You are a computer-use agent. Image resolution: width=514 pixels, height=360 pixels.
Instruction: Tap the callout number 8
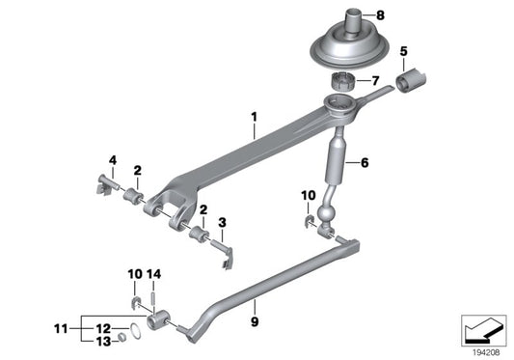pyautogui.click(x=379, y=15)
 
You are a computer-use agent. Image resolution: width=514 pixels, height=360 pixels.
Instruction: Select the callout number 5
pyautogui.click(x=404, y=50)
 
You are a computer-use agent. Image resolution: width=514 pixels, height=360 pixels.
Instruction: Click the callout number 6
pyautogui.click(x=365, y=164)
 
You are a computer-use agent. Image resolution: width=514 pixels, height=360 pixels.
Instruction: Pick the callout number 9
pyautogui.click(x=256, y=312)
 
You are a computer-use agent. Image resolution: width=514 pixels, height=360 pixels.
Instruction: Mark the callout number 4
pyautogui.click(x=112, y=159)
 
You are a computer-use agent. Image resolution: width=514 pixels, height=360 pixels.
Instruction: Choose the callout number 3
pyautogui.click(x=224, y=222)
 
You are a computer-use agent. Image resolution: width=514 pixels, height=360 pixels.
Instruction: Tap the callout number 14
pyautogui.click(x=157, y=274)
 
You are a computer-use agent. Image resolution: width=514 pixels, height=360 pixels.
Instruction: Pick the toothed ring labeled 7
pyautogui.click(x=345, y=81)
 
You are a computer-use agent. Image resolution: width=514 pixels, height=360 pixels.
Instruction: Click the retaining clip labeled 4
pyautogui.click(x=106, y=182)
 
